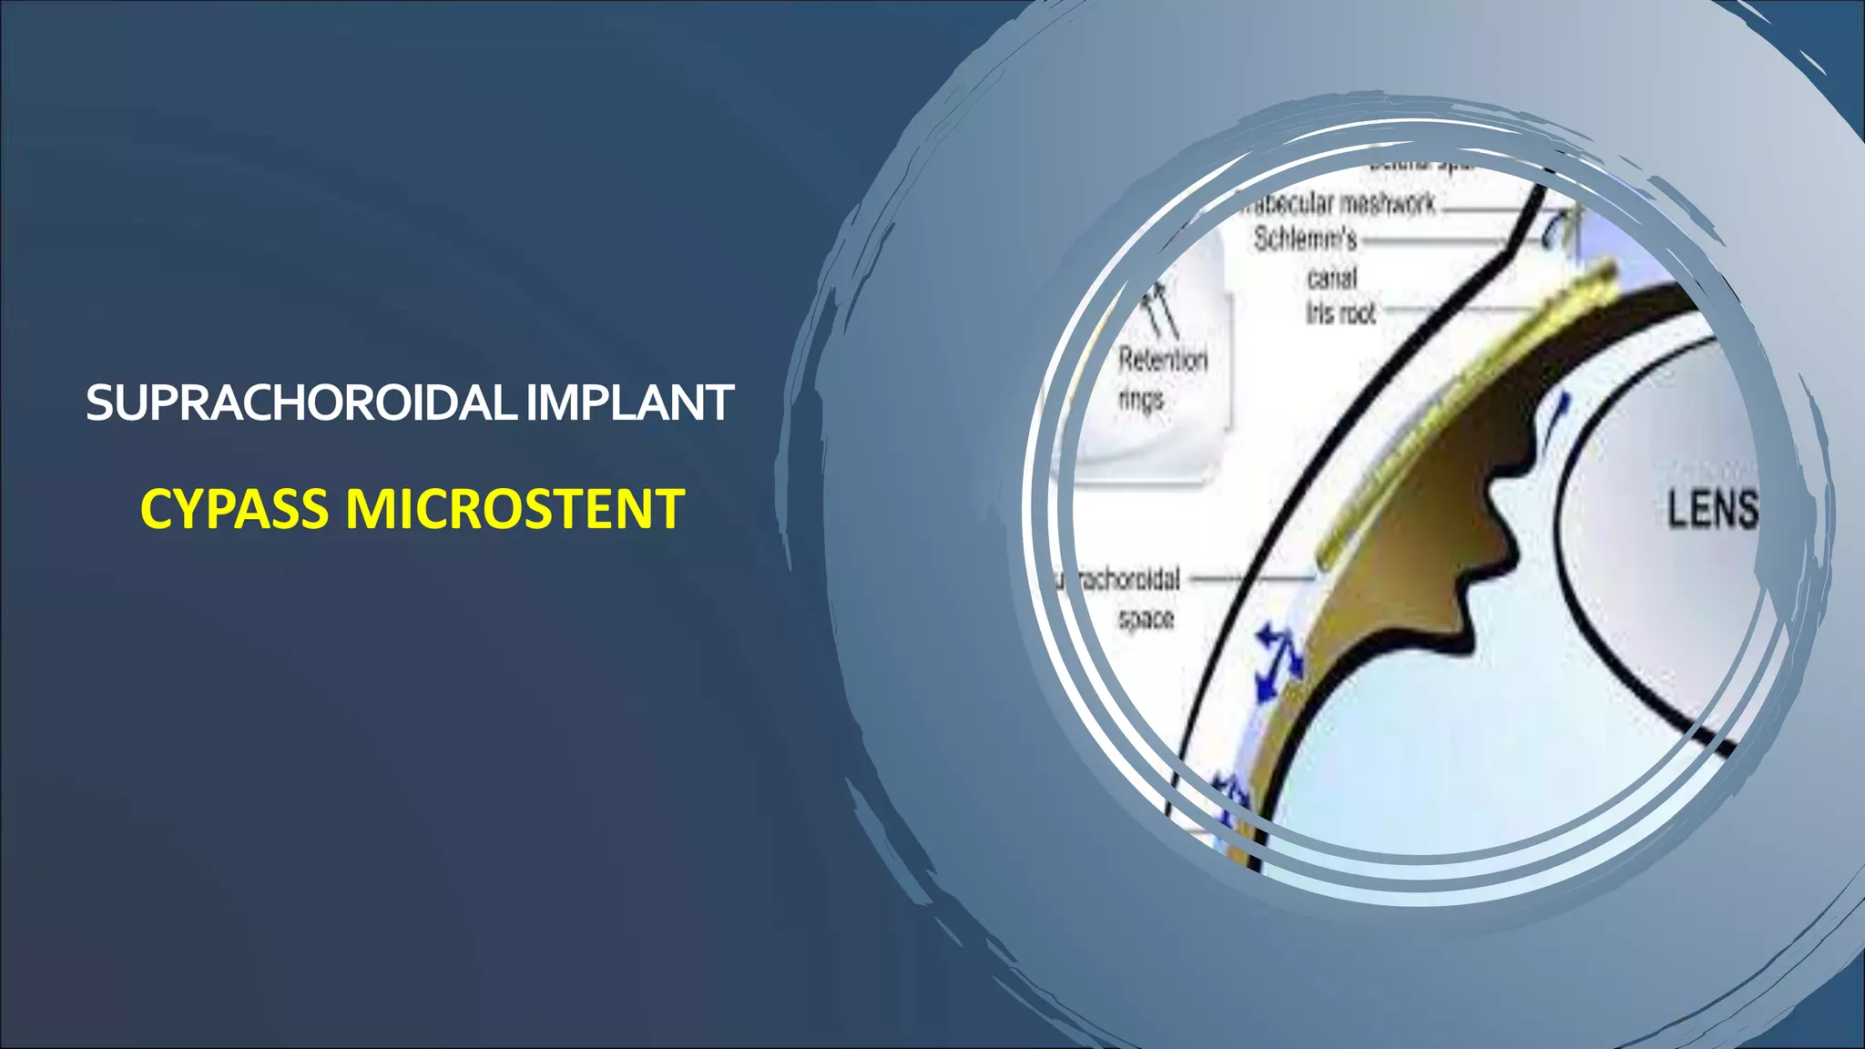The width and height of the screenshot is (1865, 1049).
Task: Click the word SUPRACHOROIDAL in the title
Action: pyautogui.click(x=301, y=402)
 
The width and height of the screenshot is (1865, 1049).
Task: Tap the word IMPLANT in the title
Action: pyautogui.click(x=629, y=402)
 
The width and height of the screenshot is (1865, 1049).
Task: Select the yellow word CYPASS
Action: pyautogui.click(x=234, y=508)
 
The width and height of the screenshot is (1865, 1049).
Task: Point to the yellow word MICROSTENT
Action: pyautogui.click(x=515, y=508)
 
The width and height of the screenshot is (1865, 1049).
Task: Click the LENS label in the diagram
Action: pyautogui.click(x=1712, y=509)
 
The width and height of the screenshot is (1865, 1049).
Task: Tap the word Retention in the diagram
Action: pyautogui.click(x=1163, y=360)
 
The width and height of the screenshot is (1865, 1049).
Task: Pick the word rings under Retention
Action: pyautogui.click(x=1141, y=399)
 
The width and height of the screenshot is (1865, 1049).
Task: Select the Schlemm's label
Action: pyautogui.click(x=1305, y=239)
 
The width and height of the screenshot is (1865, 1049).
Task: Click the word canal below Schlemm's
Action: pyautogui.click(x=1331, y=278)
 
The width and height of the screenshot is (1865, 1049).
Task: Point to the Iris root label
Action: pyautogui.click(x=1340, y=313)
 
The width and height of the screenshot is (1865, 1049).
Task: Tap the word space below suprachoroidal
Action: pyautogui.click(x=1146, y=619)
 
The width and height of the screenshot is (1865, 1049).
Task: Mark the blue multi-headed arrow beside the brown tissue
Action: pyautogui.click(x=1278, y=661)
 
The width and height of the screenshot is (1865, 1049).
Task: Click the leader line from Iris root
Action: pyautogui.click(x=1457, y=310)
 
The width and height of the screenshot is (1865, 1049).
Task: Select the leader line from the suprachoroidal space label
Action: pyautogui.click(x=1252, y=576)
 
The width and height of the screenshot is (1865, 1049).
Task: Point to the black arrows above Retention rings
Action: pyautogui.click(x=1162, y=306)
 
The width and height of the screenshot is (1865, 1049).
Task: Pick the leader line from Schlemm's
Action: pyautogui.click(x=1434, y=241)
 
